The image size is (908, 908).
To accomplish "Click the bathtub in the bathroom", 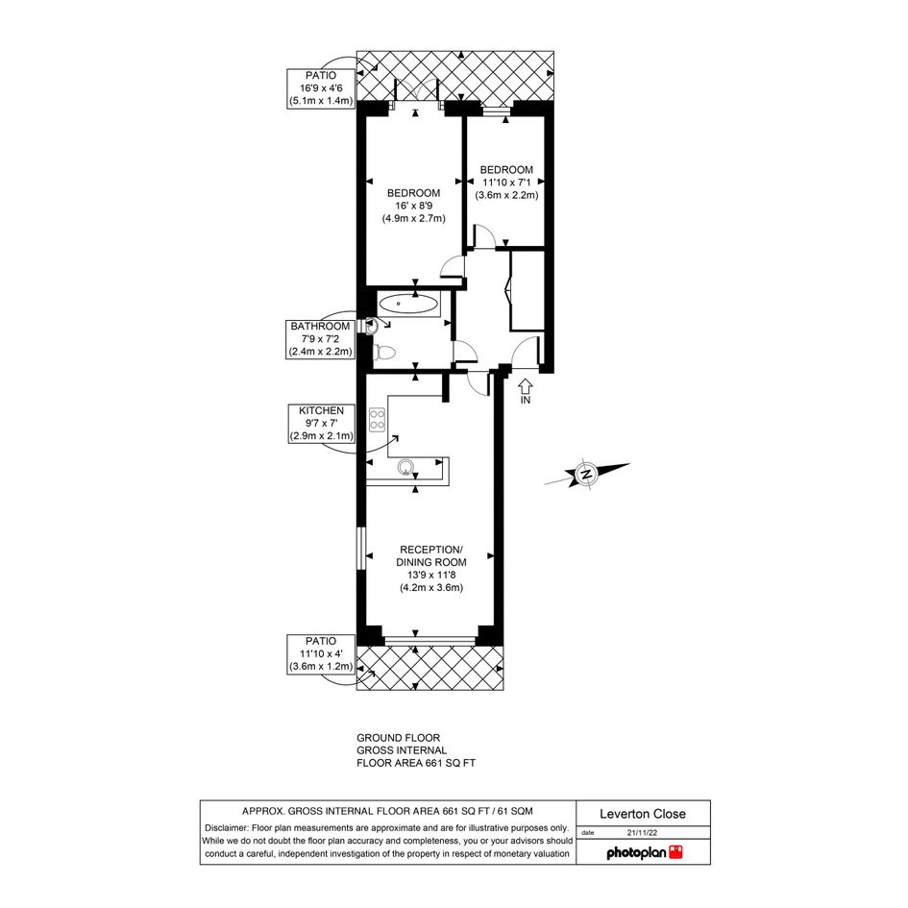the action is click(407, 304).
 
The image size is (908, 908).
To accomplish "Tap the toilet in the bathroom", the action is click(384, 352).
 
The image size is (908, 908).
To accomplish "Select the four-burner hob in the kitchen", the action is click(377, 419).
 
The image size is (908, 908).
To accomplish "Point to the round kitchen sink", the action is click(406, 467).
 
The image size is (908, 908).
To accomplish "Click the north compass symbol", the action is click(587, 475).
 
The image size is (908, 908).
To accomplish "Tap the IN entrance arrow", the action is click(526, 391).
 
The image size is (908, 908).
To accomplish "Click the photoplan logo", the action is click(645, 852).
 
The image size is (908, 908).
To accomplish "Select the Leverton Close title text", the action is click(643, 814).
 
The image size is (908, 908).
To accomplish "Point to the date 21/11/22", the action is click(642, 833).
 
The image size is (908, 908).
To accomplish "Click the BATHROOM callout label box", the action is click(320, 339).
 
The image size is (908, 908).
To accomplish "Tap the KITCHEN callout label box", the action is click(321, 424).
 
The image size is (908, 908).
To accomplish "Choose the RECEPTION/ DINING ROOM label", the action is click(431, 569).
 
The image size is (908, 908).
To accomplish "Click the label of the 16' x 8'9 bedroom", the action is click(413, 206).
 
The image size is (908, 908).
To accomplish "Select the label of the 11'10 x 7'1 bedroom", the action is click(506, 183).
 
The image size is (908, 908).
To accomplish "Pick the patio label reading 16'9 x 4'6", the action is click(321, 88).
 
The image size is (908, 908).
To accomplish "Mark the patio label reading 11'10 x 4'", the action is click(321, 653).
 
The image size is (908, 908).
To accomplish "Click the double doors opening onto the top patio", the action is click(416, 93).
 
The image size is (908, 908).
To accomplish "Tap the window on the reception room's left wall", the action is click(360, 548).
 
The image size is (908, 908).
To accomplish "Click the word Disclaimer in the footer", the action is click(227, 828).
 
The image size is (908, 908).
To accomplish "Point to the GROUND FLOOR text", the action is click(399, 738).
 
